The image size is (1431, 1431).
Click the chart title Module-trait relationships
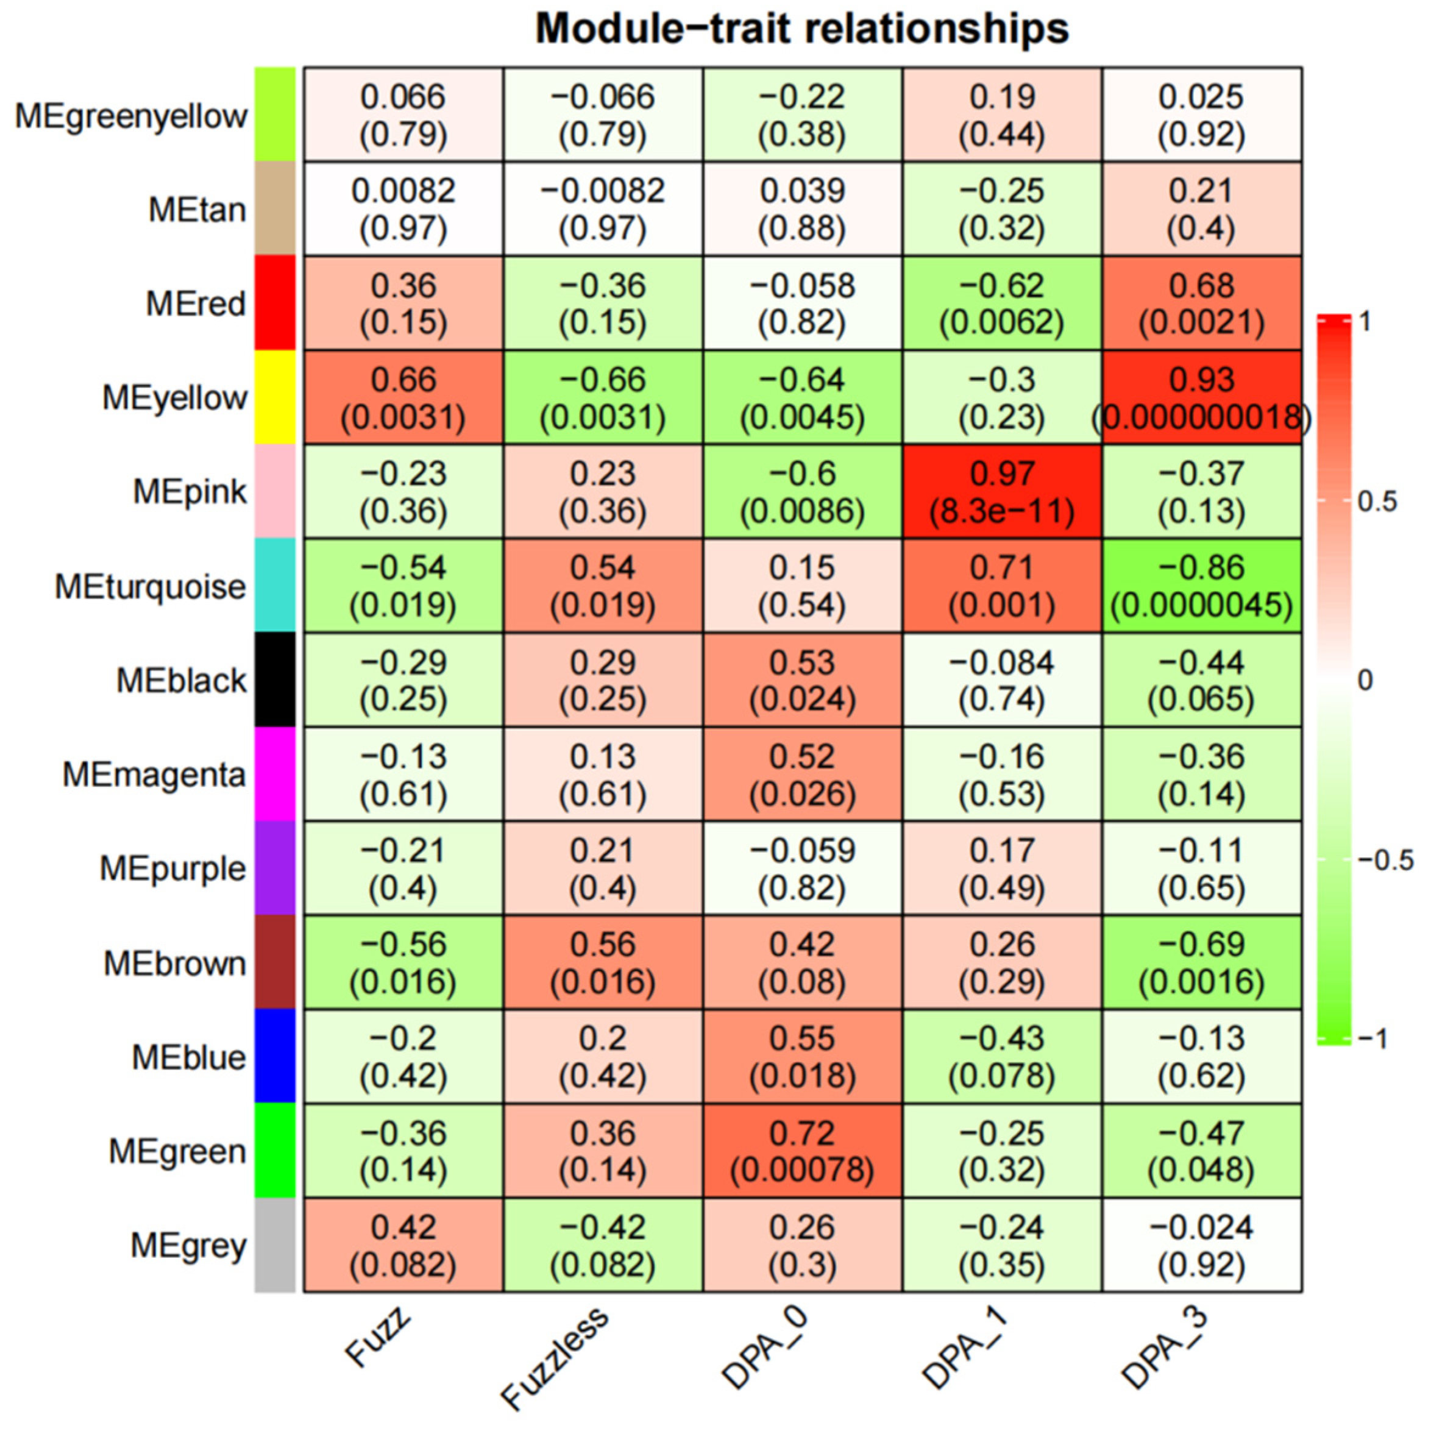(801, 30)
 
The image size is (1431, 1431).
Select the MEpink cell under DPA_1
(1001, 492)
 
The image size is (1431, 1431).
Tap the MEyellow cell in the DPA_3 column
(1201, 398)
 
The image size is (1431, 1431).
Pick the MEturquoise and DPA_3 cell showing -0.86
(1201, 586)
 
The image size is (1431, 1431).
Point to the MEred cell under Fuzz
(403, 304)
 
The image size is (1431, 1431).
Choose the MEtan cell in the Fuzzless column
(602, 210)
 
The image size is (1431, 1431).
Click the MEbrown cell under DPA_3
(1201, 963)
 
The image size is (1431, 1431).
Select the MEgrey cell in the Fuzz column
(403, 1245)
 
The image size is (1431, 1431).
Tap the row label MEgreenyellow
(131, 116)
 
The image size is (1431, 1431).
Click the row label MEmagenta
(154, 775)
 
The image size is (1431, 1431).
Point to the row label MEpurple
(172, 868)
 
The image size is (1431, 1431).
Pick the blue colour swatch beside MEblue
(275, 1056)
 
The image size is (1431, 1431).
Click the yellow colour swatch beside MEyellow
(275, 398)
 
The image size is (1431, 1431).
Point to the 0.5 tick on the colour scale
(1376, 502)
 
